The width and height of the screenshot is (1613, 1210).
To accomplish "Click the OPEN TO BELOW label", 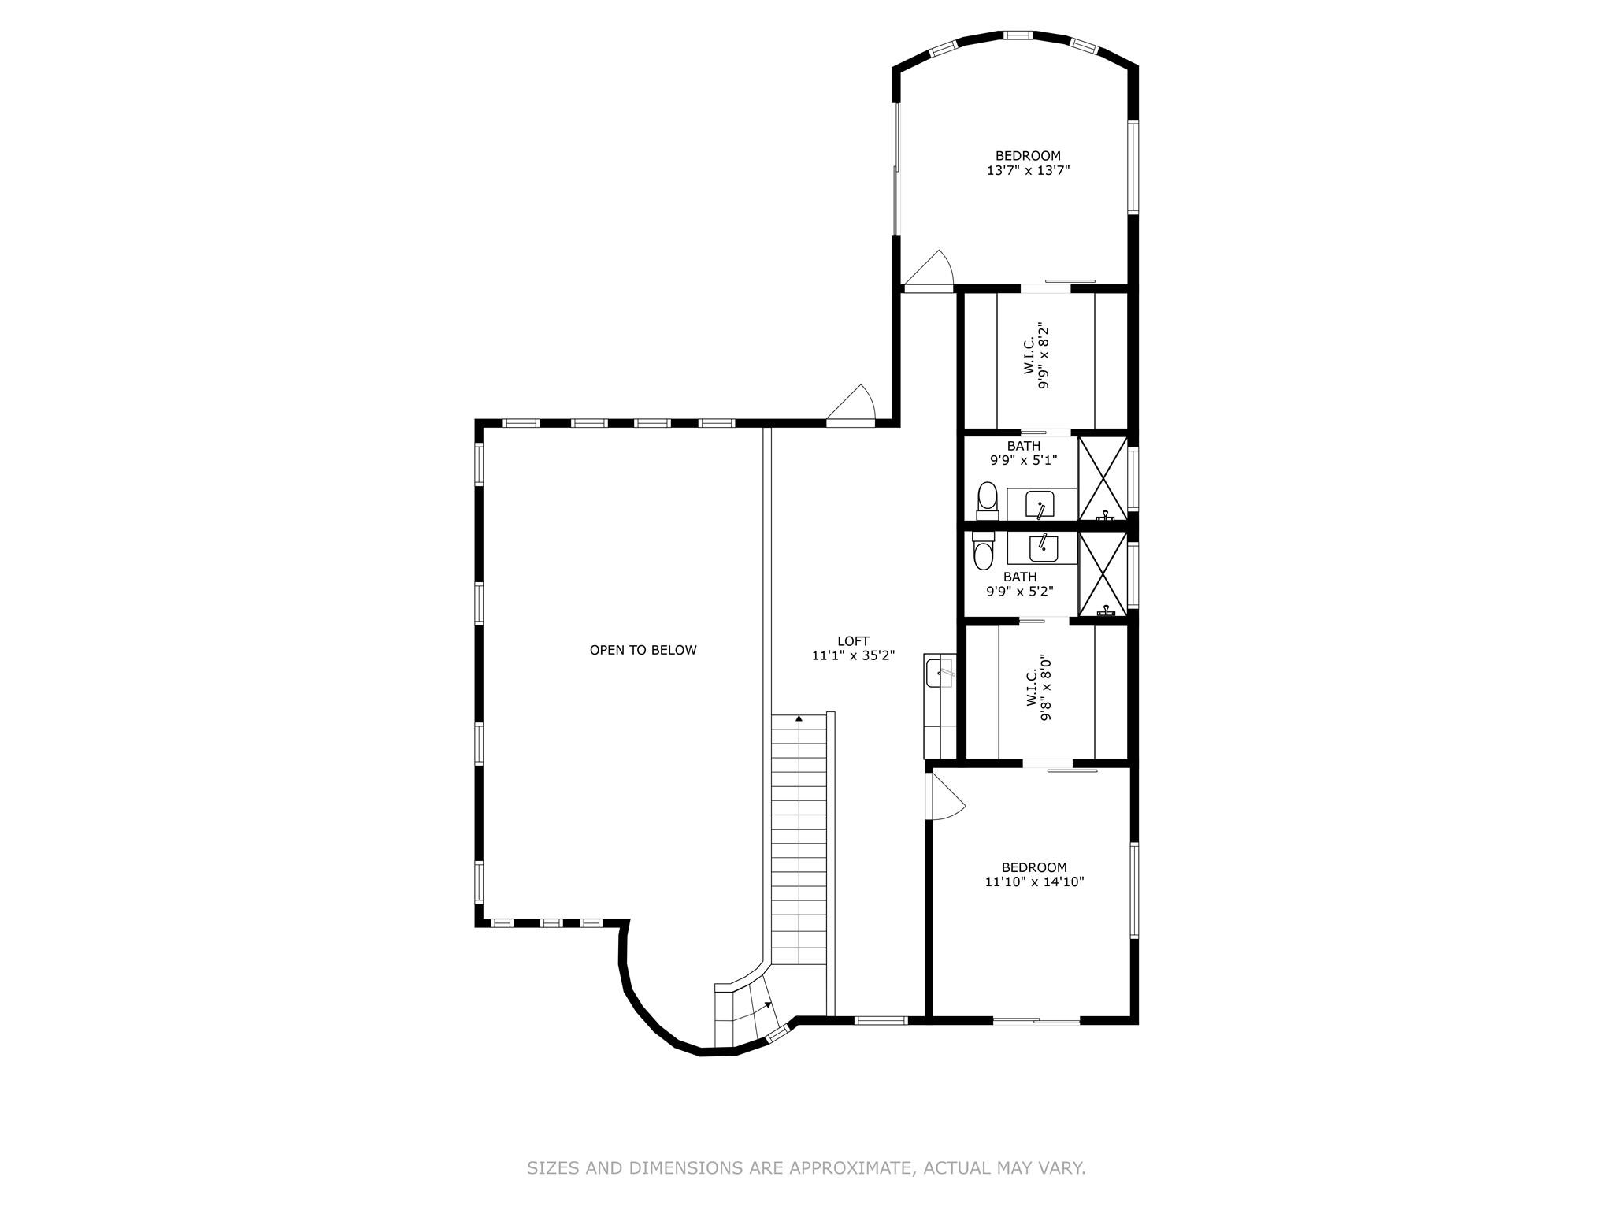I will [643, 650].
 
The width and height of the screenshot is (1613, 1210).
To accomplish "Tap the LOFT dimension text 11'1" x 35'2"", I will [853, 655].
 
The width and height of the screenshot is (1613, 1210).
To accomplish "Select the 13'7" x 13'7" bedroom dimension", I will [1028, 170].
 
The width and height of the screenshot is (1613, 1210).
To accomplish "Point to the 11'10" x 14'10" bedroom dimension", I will [1034, 882].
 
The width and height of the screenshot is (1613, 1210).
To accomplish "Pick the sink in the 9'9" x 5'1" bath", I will [1040, 504].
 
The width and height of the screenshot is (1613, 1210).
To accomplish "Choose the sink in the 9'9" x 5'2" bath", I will [1043, 547].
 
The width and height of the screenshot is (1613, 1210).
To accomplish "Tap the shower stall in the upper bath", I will [1103, 477].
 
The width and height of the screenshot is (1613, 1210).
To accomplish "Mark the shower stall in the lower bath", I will [1103, 573].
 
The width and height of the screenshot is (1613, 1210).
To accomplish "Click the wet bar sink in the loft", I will [939, 674].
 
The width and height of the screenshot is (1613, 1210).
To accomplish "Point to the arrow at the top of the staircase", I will [799, 718].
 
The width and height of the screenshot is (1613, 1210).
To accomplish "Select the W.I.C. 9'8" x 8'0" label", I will [1039, 687].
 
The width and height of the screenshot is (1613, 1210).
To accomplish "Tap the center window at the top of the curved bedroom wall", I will [1017, 35].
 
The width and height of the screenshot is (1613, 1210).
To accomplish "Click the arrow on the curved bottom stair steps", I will [766, 1006].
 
